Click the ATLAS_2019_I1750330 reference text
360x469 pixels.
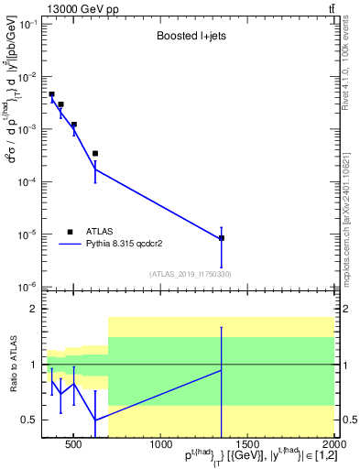pos(189,274)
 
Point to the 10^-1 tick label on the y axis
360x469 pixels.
pos(28,24)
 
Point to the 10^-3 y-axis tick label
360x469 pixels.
pos(28,129)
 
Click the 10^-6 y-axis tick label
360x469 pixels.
pos(28,287)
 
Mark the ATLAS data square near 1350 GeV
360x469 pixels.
pos(222,238)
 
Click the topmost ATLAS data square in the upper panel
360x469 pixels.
pos(51,94)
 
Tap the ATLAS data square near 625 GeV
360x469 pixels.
pos(95,154)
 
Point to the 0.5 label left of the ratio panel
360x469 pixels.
pos(30,420)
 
